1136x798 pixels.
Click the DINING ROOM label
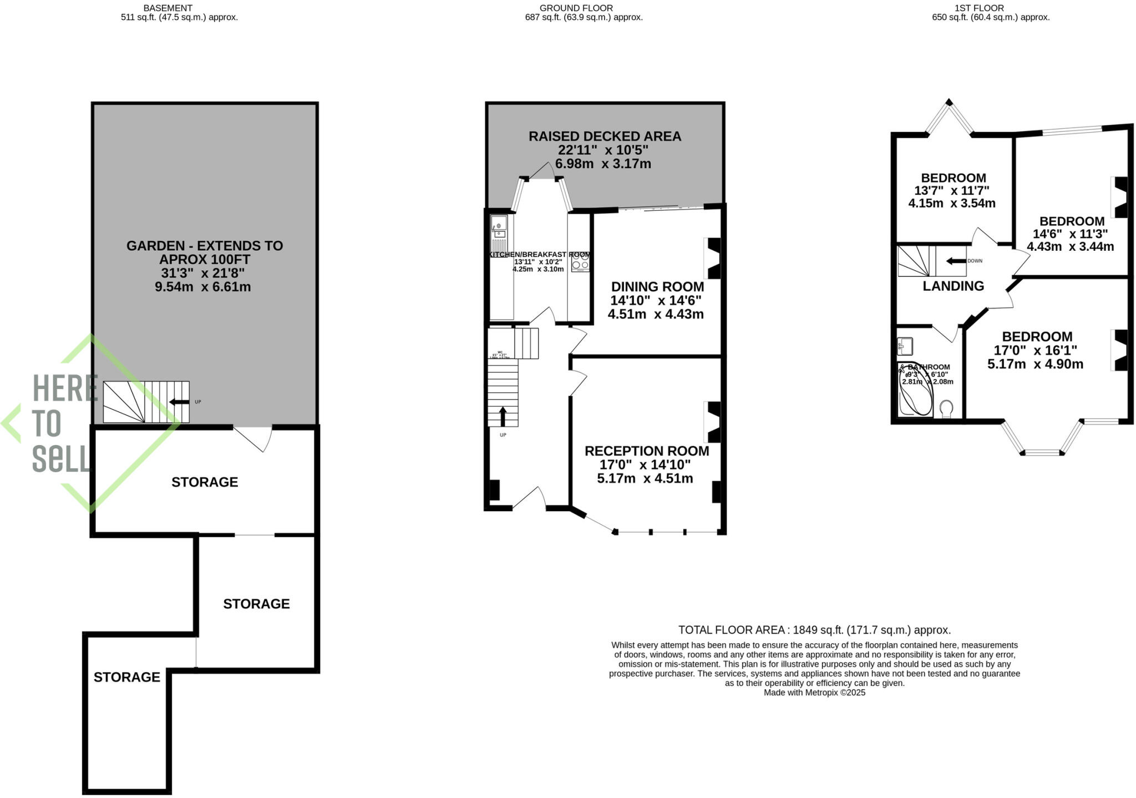(x=657, y=287)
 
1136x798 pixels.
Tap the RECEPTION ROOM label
(x=647, y=451)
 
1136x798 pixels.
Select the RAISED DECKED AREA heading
(x=605, y=137)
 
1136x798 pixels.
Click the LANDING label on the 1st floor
(x=953, y=286)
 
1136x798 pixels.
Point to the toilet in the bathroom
(x=947, y=409)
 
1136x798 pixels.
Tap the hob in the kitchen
(x=580, y=262)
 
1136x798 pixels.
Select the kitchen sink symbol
(x=498, y=227)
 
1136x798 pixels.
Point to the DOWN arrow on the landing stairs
(x=956, y=261)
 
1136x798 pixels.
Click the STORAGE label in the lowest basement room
(x=126, y=677)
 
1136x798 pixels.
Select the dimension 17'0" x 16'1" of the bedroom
(x=1036, y=351)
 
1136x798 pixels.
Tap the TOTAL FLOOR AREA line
(x=814, y=630)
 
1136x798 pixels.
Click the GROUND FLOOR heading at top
(x=576, y=8)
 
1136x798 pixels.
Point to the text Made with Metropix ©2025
(x=814, y=693)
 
